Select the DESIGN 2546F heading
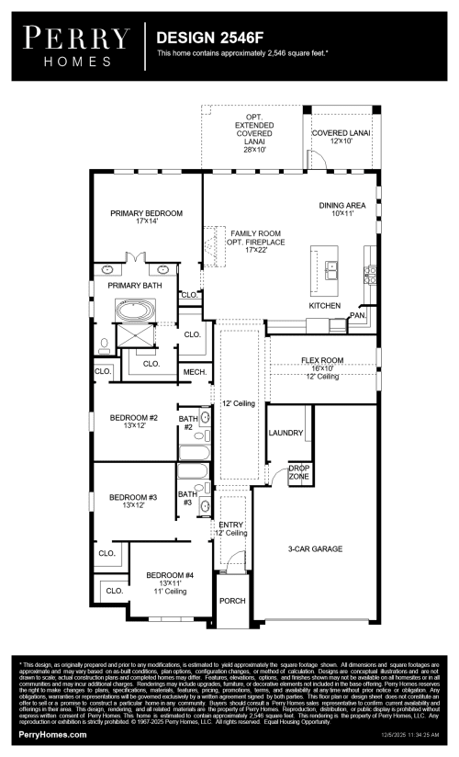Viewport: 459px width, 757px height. click(203, 39)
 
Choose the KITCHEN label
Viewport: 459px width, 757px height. click(325, 304)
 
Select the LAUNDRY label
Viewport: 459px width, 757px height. click(285, 432)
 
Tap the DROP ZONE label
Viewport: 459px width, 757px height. click(299, 473)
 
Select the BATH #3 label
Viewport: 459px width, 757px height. click(186, 498)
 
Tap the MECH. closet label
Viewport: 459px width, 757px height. click(194, 371)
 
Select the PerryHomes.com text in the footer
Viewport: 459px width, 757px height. click(53, 735)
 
